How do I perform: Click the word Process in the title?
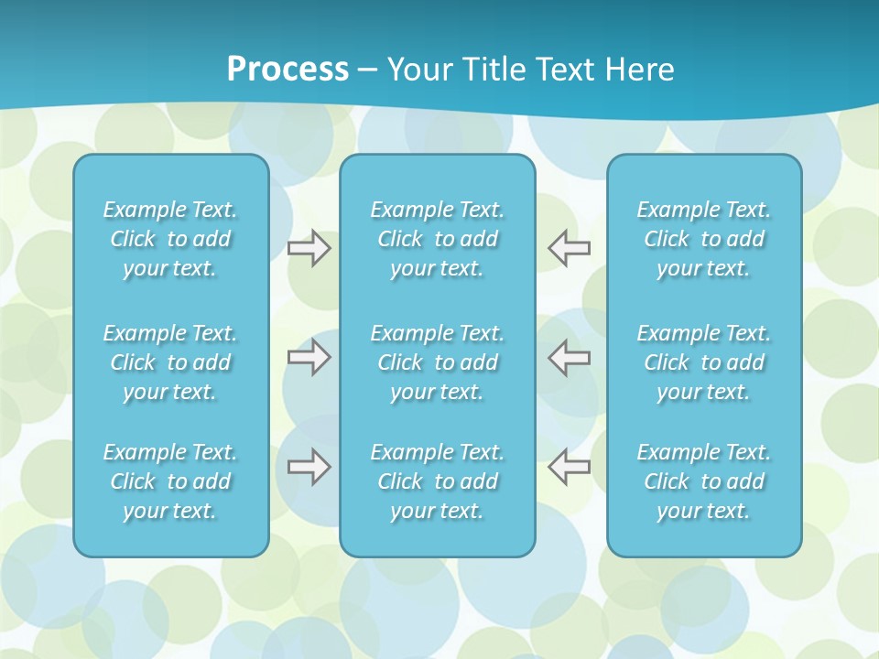(x=288, y=70)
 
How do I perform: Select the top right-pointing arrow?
(x=309, y=248)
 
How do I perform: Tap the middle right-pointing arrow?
(x=309, y=357)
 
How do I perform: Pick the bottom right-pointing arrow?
(x=309, y=467)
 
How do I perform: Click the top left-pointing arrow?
(x=569, y=248)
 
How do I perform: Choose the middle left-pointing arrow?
(x=569, y=357)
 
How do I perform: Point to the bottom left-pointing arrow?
(x=569, y=467)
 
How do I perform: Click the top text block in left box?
(x=170, y=239)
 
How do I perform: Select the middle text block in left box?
(x=170, y=362)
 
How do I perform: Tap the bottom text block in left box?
(x=170, y=481)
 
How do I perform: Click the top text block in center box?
(x=437, y=239)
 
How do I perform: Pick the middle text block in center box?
(x=437, y=362)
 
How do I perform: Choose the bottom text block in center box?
(x=437, y=481)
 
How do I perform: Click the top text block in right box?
(x=703, y=239)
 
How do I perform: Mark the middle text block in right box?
(x=703, y=362)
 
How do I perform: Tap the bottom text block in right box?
(x=703, y=481)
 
